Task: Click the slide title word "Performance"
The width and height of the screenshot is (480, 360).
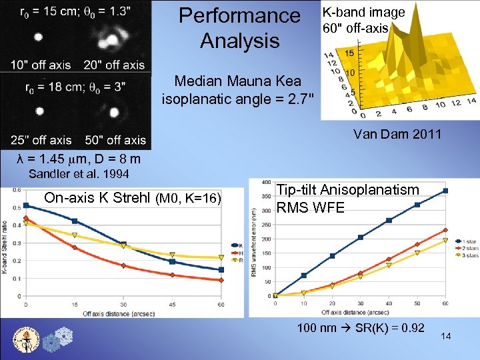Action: (239, 15)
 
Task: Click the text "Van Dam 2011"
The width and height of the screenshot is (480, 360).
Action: (397, 134)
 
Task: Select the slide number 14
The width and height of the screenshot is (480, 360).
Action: (446, 337)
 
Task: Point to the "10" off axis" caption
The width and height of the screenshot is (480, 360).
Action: (41, 65)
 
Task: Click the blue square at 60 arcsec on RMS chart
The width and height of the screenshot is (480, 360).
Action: (445, 191)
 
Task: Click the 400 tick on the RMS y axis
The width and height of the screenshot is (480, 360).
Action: (266, 182)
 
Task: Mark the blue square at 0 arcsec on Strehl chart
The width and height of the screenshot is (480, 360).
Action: (26, 205)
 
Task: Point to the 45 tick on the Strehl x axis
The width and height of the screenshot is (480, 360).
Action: (173, 305)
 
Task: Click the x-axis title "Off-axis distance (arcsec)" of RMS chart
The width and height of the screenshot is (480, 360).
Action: (359, 311)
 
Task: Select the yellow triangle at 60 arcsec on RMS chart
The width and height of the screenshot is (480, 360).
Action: (445, 241)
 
